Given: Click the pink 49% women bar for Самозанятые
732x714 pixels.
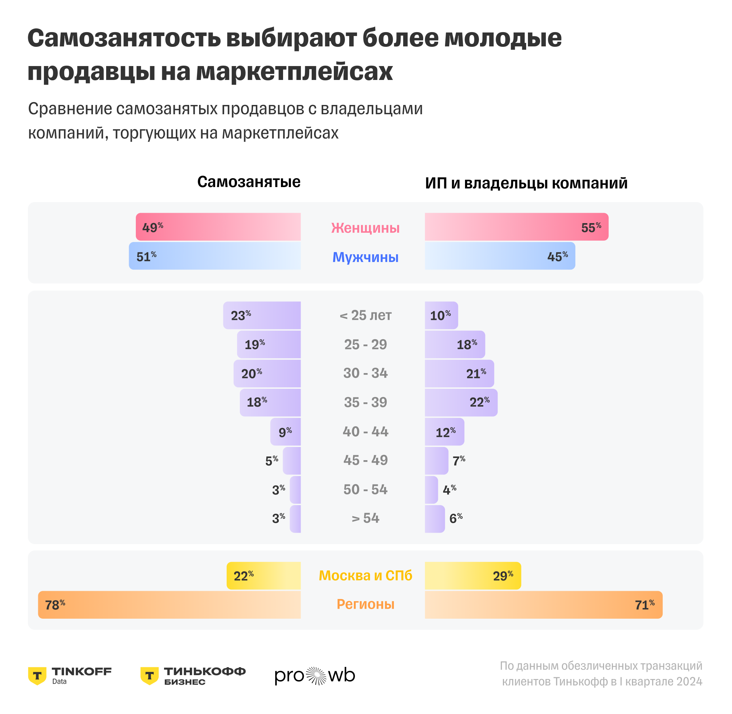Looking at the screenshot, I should tap(218, 227).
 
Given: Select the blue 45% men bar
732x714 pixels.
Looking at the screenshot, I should tap(500, 256).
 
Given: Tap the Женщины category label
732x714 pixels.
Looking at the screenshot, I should tap(365, 228).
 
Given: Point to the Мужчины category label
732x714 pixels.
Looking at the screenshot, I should tap(365, 257).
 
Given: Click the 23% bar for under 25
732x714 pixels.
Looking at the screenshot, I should tap(262, 315).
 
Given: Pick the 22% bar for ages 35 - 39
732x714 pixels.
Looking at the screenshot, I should tap(461, 402).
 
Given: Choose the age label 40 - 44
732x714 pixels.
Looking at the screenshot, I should tap(365, 432).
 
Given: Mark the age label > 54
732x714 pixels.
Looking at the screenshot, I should tap(365, 518).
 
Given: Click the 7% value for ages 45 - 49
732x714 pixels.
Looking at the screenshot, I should tap(459, 461).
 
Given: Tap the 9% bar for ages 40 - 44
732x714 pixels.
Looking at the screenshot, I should tap(286, 432).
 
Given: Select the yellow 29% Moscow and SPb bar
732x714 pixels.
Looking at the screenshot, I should tap(473, 575).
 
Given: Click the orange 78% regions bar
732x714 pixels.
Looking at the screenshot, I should tap(169, 605).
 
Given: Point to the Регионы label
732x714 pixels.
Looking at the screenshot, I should tap(365, 604).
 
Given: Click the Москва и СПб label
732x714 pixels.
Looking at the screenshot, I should tap(365, 575).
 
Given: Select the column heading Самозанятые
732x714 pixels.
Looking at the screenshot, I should tap(249, 182).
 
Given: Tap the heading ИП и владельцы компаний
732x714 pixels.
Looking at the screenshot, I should tap(526, 183).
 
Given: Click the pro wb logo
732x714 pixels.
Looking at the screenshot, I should tap(315, 676).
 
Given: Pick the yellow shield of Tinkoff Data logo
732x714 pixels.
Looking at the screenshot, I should tap(37, 676).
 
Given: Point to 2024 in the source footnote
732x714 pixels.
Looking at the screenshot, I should tap(689, 682).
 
